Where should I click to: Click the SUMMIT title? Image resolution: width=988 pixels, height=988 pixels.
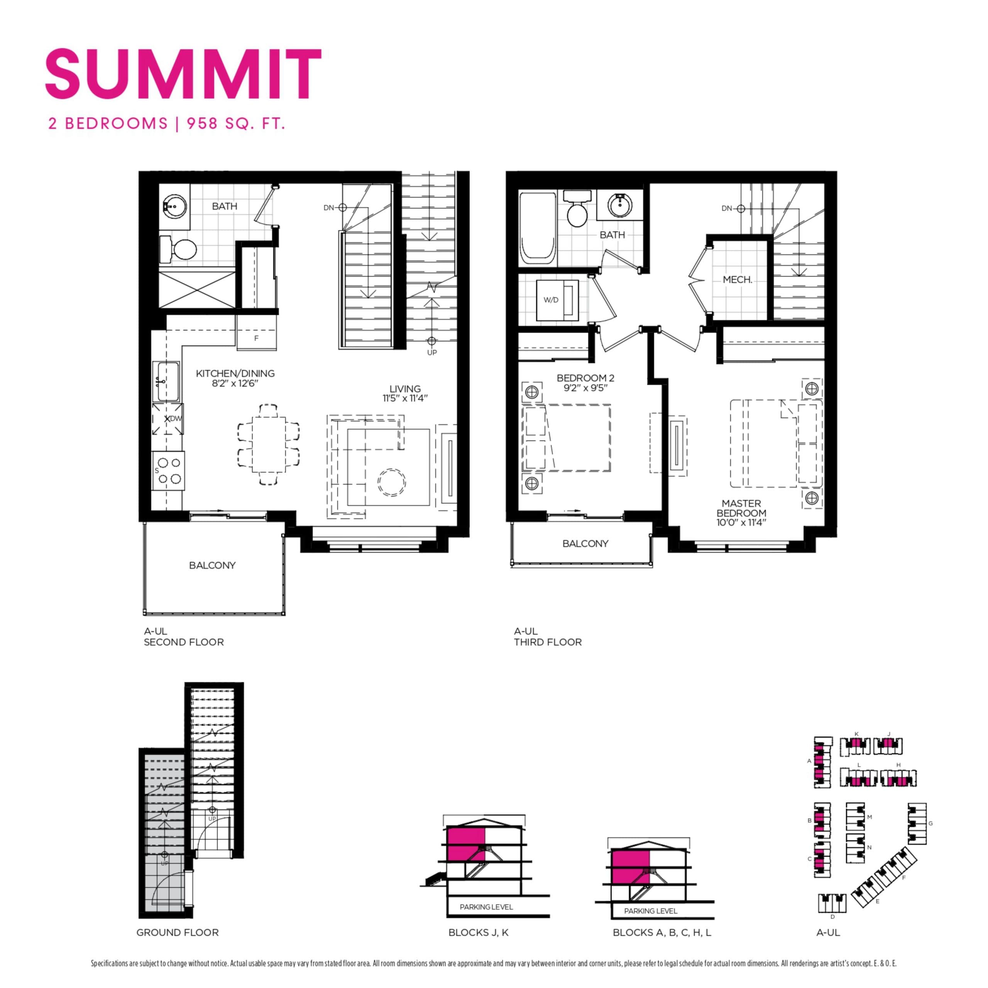click(183, 74)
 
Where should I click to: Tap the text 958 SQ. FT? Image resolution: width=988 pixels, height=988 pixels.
click(236, 124)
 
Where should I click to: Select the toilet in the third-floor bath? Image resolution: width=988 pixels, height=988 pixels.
click(577, 211)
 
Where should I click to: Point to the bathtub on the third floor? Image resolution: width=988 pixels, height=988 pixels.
click(537, 228)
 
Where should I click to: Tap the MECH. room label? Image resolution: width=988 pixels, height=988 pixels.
click(737, 280)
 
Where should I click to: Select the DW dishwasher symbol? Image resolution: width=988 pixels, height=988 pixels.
click(169, 419)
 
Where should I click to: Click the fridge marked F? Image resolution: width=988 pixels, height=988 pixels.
click(256, 338)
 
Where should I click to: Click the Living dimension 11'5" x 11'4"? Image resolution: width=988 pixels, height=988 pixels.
click(404, 398)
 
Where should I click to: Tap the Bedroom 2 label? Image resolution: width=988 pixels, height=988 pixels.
click(585, 378)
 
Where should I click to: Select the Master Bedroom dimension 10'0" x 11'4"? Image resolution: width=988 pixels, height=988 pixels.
click(741, 523)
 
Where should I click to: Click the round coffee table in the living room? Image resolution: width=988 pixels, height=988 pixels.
click(391, 482)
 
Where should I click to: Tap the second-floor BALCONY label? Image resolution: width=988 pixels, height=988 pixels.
click(212, 565)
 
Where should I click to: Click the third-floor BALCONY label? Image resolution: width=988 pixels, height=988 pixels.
click(585, 544)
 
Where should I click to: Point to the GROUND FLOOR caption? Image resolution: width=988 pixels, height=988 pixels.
click(178, 932)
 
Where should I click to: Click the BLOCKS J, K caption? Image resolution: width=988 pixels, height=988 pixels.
click(478, 932)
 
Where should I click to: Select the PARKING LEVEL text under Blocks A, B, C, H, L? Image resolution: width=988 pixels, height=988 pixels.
click(650, 911)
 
